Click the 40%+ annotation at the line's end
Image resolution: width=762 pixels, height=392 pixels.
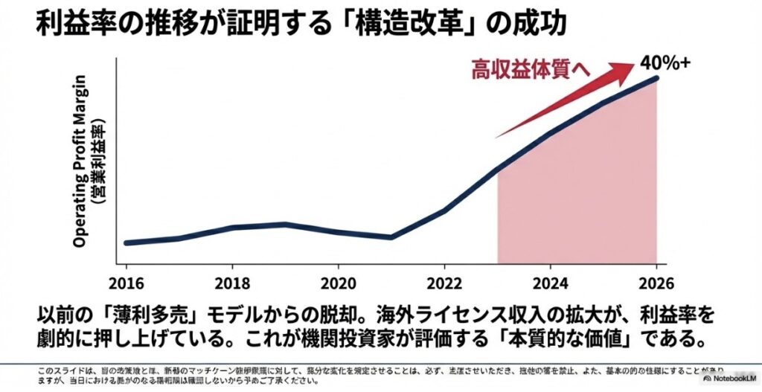[x=665, y=62]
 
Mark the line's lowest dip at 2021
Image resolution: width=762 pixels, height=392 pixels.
[x=391, y=237]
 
